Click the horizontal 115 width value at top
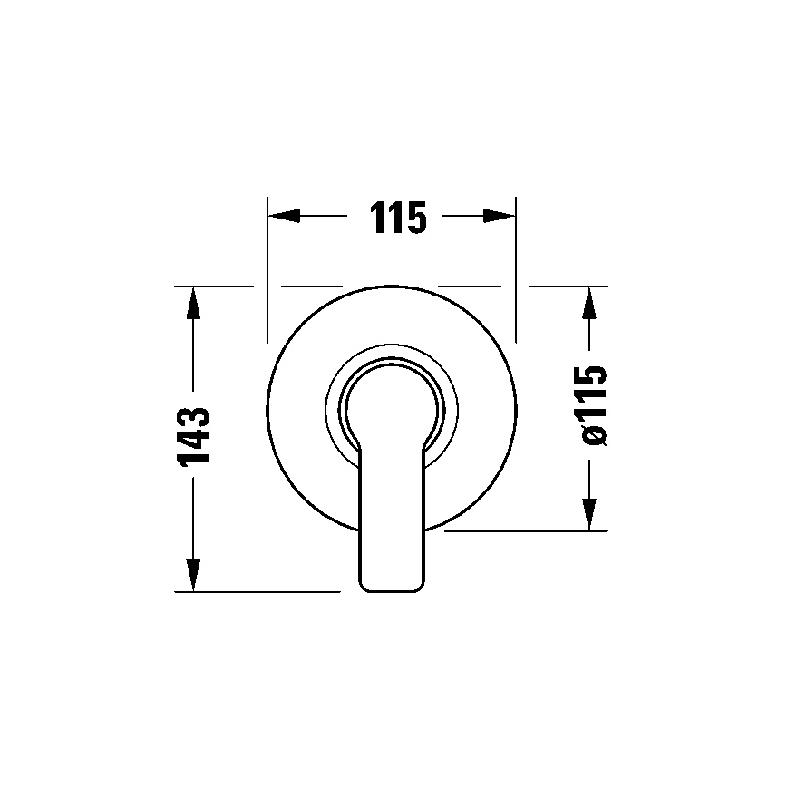point(398,219)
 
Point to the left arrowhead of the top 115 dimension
point(284,216)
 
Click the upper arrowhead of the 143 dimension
point(193,302)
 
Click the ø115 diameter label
point(590,405)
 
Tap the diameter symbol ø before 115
point(592,436)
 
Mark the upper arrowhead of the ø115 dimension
point(590,302)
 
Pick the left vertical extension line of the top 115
point(267,272)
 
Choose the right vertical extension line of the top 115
point(515,272)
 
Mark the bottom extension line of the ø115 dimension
point(526,530)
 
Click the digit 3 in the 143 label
point(193,417)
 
